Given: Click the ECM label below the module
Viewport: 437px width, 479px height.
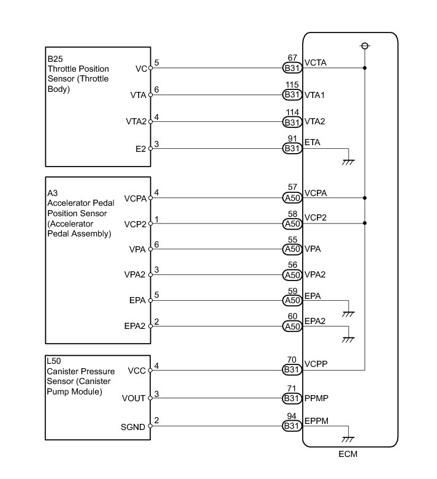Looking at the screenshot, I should click(x=348, y=455).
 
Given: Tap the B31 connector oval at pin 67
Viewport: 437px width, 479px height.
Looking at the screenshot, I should click(x=292, y=68).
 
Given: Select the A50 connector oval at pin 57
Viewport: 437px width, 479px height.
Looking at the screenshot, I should click(x=292, y=198).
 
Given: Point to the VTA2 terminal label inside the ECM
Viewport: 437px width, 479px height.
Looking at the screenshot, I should click(x=314, y=121).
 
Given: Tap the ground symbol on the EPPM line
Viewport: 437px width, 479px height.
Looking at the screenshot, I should click(x=348, y=439).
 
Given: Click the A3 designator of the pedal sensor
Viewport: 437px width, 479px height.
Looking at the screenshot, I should click(x=52, y=192).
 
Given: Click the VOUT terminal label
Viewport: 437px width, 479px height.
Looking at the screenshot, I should click(x=134, y=398).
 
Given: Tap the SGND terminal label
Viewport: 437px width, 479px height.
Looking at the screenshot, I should click(x=134, y=427).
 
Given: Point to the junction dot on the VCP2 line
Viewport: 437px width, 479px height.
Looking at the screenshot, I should click(x=365, y=224).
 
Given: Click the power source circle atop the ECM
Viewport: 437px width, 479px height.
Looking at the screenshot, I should click(x=365, y=46).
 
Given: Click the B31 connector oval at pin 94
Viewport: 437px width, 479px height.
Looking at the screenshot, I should click(x=292, y=427).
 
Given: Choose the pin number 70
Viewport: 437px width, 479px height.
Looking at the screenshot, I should click(x=292, y=361).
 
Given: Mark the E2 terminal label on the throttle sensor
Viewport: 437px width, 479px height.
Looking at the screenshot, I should click(x=141, y=148).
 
